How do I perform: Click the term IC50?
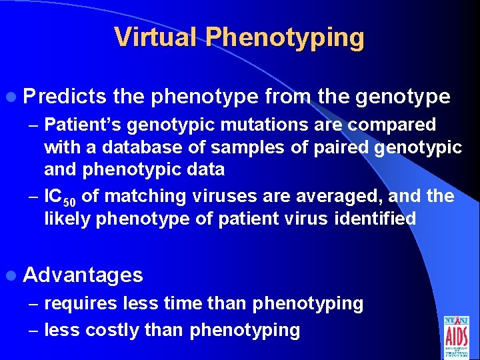59,197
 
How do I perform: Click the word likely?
67,219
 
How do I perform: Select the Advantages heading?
83,275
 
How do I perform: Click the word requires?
81,304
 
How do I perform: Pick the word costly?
113,329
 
